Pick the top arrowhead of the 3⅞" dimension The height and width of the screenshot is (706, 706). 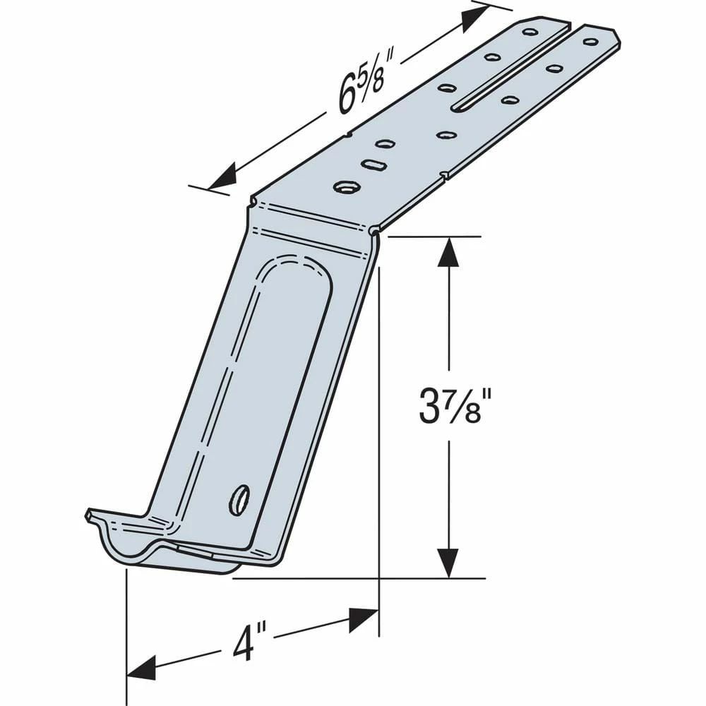(448, 253)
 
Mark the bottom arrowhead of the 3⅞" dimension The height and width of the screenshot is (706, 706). (448, 563)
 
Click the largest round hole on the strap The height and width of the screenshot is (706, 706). (347, 187)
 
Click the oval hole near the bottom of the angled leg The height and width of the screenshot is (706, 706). (239, 500)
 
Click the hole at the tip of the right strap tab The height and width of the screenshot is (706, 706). (590, 42)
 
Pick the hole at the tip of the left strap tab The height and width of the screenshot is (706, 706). (530, 32)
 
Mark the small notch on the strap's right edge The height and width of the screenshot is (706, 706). (443, 174)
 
